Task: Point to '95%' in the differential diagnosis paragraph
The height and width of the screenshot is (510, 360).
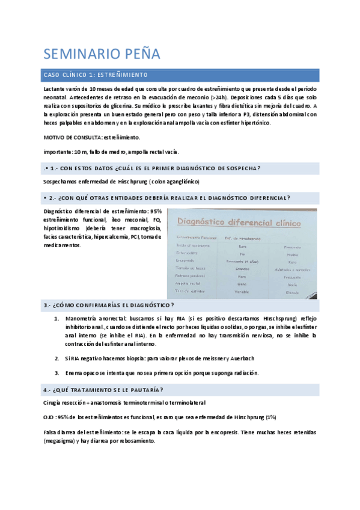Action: [x=156, y=211]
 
